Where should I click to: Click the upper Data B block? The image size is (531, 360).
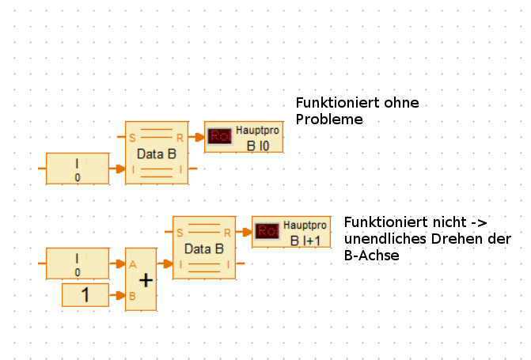coord(157,153)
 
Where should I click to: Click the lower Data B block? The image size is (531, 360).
coord(204,248)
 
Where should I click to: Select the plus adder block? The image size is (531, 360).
coord(141,279)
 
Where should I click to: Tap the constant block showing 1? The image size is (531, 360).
coord(85,295)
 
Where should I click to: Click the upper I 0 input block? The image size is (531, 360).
coord(78,169)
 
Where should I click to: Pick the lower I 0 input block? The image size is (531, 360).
coord(78,263)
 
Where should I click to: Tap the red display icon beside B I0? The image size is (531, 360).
coord(219,136)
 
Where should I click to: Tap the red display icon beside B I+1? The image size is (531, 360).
coord(267,231)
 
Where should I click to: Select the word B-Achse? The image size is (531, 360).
coord(372,256)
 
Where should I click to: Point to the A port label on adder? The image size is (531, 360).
coord(132,265)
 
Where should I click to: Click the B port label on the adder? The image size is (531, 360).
coord(132,296)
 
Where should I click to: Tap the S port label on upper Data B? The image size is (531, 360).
coord(132,138)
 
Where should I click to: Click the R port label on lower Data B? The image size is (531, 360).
coord(227,233)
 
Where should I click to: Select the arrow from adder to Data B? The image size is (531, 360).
coord(165,263)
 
